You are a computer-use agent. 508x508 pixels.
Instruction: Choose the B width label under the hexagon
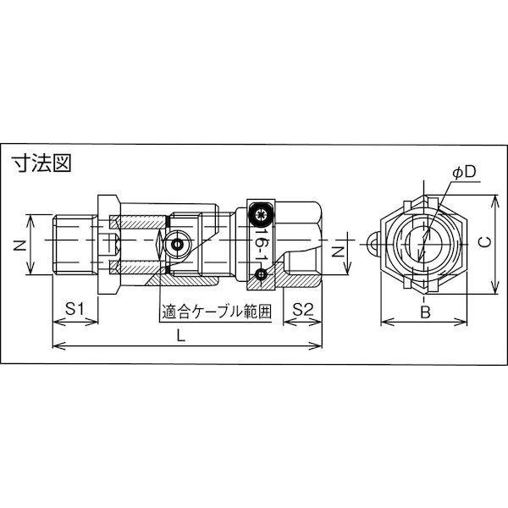pos(426,312)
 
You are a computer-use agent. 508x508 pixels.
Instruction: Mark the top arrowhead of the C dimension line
pos(494,196)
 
